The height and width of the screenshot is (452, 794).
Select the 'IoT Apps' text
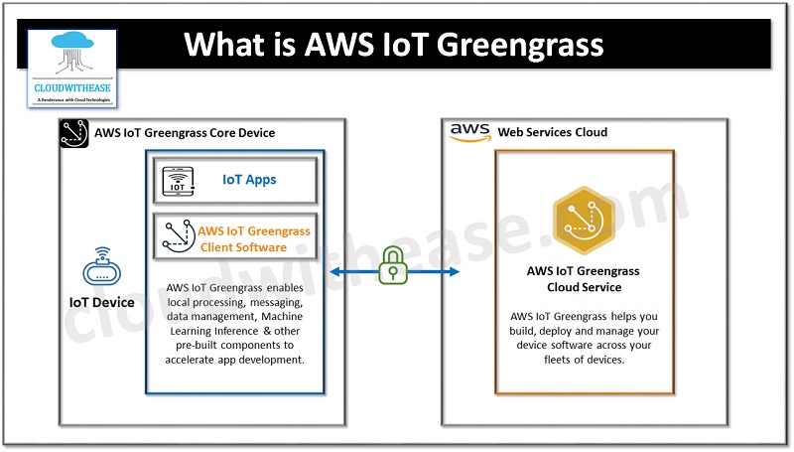click(249, 180)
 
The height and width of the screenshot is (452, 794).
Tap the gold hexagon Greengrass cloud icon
click(583, 222)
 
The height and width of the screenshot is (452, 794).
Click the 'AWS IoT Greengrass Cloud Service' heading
click(584, 279)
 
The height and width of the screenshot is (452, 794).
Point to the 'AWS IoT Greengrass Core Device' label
click(185, 133)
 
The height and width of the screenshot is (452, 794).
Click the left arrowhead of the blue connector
click(333, 271)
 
